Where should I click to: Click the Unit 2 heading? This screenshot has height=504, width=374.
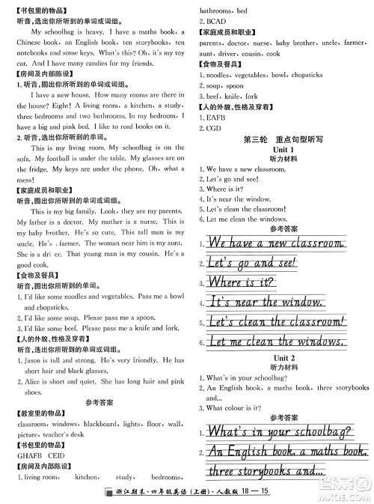[x=284, y=358]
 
